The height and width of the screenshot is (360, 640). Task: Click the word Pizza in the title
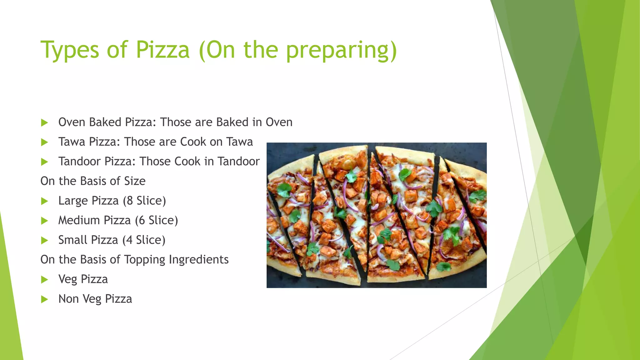tap(163, 50)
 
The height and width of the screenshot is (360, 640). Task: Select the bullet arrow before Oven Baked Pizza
tap(44, 123)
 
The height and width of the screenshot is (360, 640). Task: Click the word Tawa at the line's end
tap(240, 142)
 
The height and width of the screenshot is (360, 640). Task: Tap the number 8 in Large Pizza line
tap(130, 201)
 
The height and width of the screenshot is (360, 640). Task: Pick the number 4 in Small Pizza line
tap(129, 240)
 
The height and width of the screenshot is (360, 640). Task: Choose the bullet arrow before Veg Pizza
tap(44, 280)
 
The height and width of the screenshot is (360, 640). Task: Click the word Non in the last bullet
tap(68, 299)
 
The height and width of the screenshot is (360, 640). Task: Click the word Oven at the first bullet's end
tap(279, 122)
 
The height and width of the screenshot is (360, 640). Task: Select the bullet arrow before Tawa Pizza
tap(44, 142)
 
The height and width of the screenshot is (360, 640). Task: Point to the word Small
tap(72, 240)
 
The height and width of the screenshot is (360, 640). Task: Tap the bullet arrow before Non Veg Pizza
tap(44, 300)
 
